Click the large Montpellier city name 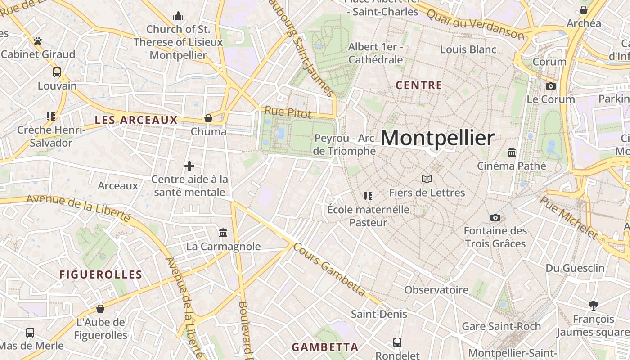(x=437, y=138)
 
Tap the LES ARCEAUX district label (x=136, y=120)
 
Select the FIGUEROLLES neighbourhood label (x=101, y=274)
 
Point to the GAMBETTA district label (x=325, y=347)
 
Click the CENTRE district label (x=419, y=85)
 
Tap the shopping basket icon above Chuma (x=208, y=118)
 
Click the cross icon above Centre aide (x=189, y=166)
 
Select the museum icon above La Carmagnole (x=223, y=233)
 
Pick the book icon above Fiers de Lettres (x=427, y=180)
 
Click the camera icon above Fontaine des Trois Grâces (x=495, y=218)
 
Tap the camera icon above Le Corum (x=551, y=86)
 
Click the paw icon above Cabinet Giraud (x=38, y=41)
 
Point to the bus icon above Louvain (x=57, y=72)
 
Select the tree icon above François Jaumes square (x=594, y=306)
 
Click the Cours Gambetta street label (x=329, y=270)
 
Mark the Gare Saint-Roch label (x=501, y=326)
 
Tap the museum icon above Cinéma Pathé (x=512, y=153)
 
